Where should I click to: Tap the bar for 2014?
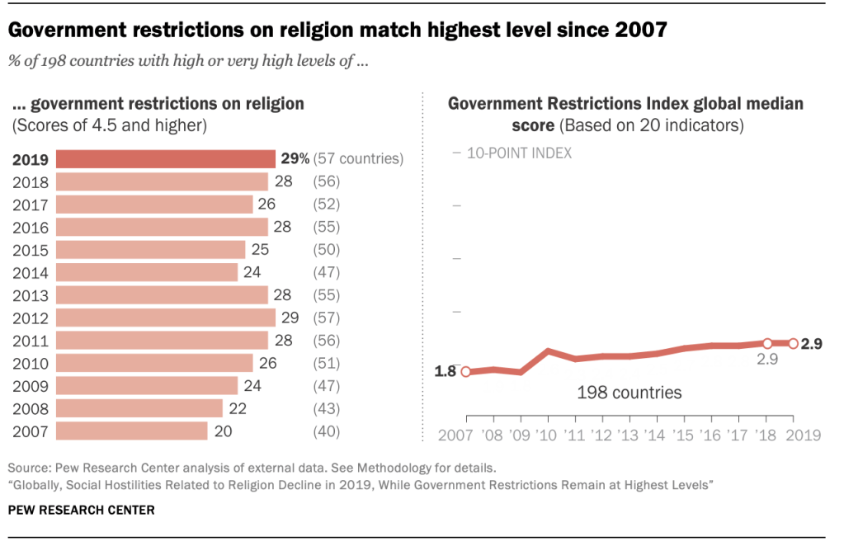click(x=147, y=272)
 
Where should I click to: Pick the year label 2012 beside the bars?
click(x=31, y=318)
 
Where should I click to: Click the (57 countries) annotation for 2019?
click(x=358, y=159)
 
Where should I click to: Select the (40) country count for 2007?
click(x=327, y=431)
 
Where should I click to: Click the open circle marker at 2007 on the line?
click(x=465, y=372)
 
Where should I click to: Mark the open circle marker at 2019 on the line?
click(x=793, y=344)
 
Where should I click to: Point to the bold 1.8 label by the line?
click(x=446, y=372)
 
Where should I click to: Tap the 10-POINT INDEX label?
click(x=519, y=153)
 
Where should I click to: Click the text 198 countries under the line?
click(x=629, y=393)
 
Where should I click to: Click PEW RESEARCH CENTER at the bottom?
click(x=81, y=511)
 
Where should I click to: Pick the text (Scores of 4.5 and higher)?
click(x=109, y=125)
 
